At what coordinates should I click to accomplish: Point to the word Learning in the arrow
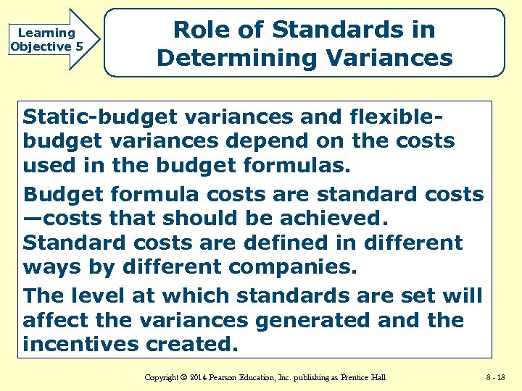click(46, 33)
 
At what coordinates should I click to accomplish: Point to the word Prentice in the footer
click(352, 377)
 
